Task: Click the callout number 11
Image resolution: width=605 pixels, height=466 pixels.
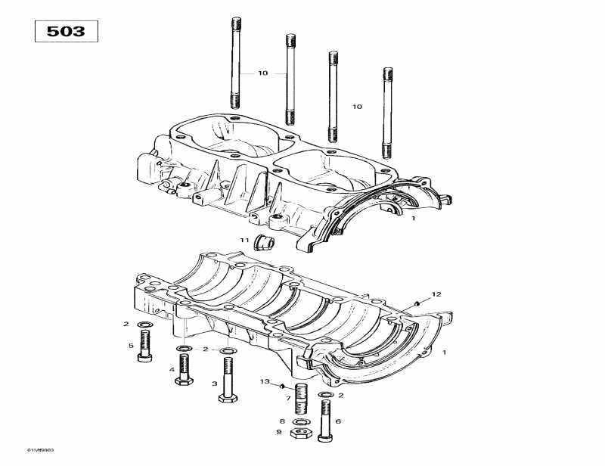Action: tap(244, 240)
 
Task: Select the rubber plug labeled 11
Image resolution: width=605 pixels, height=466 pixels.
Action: tap(265, 241)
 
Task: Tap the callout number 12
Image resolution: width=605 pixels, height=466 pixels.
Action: tap(436, 294)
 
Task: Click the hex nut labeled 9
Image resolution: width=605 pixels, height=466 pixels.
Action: tap(299, 432)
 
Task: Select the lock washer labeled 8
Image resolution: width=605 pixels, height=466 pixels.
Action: tap(299, 421)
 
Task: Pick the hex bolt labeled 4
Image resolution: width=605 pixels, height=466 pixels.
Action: tap(184, 370)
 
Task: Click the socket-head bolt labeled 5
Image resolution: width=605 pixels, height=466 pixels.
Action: tap(144, 347)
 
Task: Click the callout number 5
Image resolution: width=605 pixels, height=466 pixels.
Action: tap(130, 346)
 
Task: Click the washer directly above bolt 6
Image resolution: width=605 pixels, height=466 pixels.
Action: tap(325, 396)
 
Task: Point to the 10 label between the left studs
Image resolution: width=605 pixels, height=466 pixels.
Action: tap(262, 73)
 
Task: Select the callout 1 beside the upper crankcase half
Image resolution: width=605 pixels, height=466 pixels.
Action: tap(413, 219)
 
